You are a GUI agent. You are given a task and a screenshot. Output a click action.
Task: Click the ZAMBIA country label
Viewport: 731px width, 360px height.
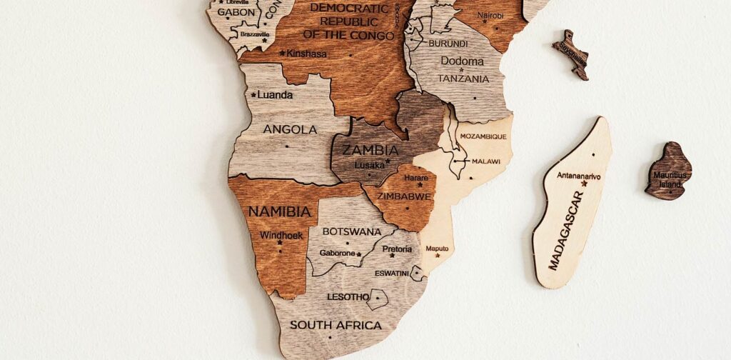click(370, 150)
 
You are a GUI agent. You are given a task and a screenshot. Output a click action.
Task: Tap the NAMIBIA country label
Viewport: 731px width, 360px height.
click(279, 211)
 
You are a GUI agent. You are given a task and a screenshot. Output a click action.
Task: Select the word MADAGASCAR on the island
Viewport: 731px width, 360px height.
click(566, 230)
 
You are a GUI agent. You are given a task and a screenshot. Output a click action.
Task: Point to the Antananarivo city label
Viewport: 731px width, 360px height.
click(579, 175)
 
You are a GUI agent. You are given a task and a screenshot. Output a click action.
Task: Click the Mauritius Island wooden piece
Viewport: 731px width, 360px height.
click(669, 171)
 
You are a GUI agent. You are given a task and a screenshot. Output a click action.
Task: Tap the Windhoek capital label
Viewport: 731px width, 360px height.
click(281, 235)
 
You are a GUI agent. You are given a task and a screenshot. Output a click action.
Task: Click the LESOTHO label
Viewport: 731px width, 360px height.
click(348, 296)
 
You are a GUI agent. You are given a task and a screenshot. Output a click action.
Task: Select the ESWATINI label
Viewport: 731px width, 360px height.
click(392, 273)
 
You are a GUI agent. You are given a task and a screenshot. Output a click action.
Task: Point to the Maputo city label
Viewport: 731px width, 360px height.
click(437, 249)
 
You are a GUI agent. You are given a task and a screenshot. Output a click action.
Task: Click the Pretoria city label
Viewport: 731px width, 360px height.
click(397, 249)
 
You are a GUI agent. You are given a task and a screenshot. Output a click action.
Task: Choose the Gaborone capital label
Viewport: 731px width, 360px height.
click(337, 253)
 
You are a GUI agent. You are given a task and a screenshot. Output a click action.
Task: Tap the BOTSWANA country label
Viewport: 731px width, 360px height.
click(352, 231)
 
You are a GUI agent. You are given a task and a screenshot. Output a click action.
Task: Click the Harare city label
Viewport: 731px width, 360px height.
click(416, 177)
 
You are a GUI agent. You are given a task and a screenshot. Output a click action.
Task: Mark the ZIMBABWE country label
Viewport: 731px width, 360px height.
click(404, 196)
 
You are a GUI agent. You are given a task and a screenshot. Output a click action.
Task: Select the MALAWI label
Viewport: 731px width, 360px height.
click(485, 161)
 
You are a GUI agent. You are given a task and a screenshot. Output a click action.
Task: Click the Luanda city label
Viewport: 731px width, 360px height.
click(275, 94)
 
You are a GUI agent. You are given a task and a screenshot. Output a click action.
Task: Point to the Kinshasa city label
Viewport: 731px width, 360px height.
click(306, 53)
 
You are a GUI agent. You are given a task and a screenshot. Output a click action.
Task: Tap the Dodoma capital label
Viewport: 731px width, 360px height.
click(462, 61)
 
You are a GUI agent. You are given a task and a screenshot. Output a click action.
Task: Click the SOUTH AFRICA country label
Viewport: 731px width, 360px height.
click(336, 325)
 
